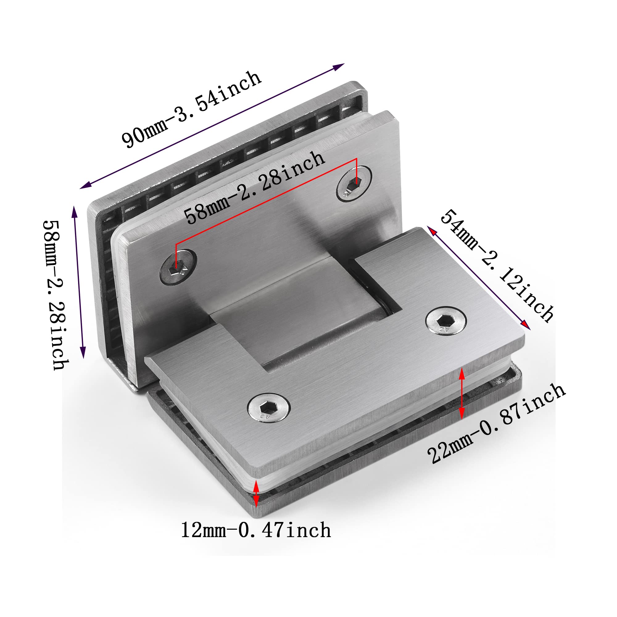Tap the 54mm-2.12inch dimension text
[x=497, y=266]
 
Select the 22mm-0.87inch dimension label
[x=497, y=424]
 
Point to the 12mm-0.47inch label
[x=256, y=530]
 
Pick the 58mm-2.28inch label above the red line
[x=255, y=188]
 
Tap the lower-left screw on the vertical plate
[x=178, y=267]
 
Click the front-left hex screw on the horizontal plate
[x=269, y=408]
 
